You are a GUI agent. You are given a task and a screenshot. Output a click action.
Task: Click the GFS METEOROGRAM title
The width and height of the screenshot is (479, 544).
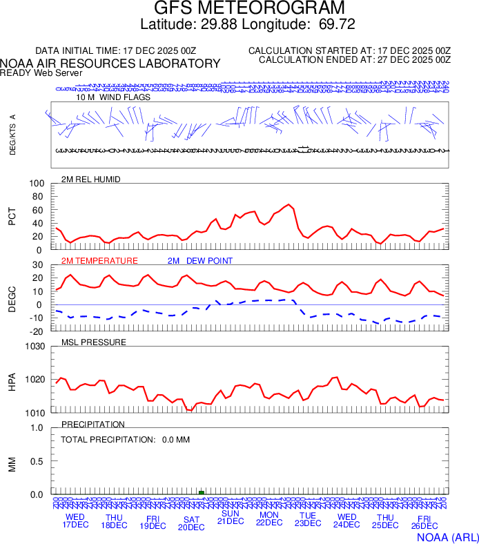[239, 9]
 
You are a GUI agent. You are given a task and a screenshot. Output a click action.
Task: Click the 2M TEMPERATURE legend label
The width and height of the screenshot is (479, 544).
[99, 261]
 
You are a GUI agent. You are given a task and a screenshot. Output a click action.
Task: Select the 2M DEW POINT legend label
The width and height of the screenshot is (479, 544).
[200, 261]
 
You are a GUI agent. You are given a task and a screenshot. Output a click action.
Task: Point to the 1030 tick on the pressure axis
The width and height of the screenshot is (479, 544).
[33, 347]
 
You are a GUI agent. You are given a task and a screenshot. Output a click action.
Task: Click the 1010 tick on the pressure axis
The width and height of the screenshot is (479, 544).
[33, 413]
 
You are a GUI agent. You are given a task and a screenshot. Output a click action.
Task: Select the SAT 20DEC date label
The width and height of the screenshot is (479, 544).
[192, 523]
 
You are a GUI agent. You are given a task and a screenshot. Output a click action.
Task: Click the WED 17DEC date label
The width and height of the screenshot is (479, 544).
[75, 521]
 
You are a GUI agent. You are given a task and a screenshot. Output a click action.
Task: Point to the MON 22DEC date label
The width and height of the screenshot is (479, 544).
[269, 519]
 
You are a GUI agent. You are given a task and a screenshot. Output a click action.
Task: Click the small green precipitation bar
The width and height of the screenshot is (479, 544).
[202, 492]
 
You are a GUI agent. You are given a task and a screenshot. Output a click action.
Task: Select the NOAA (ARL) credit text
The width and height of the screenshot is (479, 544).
[447, 536]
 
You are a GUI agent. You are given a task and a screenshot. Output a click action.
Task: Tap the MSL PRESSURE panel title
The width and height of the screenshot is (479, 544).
[94, 342]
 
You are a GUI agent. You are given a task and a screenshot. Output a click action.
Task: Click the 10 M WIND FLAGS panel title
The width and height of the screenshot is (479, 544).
[113, 97]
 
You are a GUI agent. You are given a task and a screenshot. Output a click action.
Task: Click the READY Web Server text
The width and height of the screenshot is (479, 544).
[41, 72]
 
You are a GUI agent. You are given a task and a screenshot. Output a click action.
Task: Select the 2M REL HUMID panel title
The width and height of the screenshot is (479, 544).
[90, 179]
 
